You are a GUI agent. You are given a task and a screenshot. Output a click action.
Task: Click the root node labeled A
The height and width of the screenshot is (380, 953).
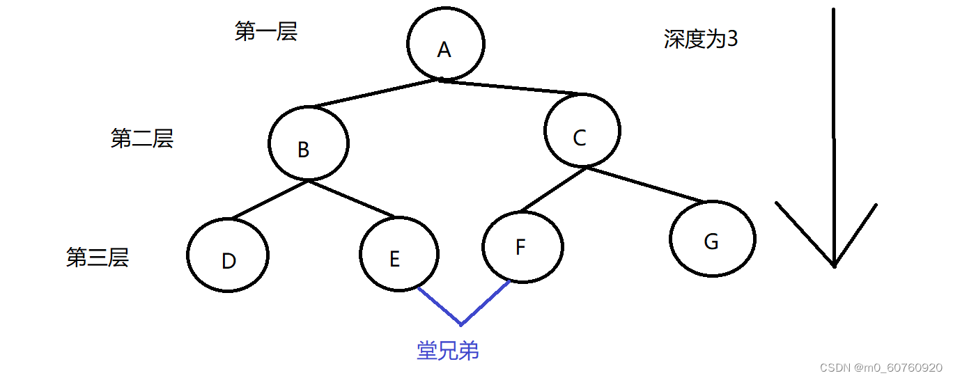(x=445, y=44)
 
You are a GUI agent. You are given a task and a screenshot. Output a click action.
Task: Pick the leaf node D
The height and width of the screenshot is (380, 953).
(x=228, y=255)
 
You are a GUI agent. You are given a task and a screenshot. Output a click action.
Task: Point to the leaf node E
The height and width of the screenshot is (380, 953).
(x=399, y=255)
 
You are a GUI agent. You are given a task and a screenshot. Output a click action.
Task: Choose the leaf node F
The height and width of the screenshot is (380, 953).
(x=522, y=246)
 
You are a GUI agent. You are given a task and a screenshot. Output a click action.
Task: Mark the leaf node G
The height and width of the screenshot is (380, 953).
(x=712, y=239)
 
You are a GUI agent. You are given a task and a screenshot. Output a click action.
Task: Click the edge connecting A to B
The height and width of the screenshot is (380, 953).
(x=374, y=94)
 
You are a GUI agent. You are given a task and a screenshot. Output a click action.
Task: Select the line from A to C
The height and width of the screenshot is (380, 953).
(x=512, y=87)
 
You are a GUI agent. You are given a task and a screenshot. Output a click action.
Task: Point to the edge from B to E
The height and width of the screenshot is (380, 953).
(x=351, y=198)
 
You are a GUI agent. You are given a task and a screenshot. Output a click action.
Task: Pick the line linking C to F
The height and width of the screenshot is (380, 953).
(x=552, y=189)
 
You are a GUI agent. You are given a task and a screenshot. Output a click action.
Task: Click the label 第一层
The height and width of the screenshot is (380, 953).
(x=266, y=32)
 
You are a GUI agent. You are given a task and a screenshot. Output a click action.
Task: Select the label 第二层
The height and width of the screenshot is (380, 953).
(x=141, y=139)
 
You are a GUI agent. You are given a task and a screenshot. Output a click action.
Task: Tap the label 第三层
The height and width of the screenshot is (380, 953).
(x=98, y=258)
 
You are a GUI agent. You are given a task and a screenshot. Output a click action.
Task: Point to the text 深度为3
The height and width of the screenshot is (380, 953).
(x=700, y=40)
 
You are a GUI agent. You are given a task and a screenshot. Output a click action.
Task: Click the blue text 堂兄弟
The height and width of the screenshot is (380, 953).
(x=448, y=351)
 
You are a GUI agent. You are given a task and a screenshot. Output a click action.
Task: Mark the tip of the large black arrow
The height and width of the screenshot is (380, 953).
(x=834, y=265)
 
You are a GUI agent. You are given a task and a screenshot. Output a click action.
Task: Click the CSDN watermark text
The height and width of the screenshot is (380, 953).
(x=881, y=367)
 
